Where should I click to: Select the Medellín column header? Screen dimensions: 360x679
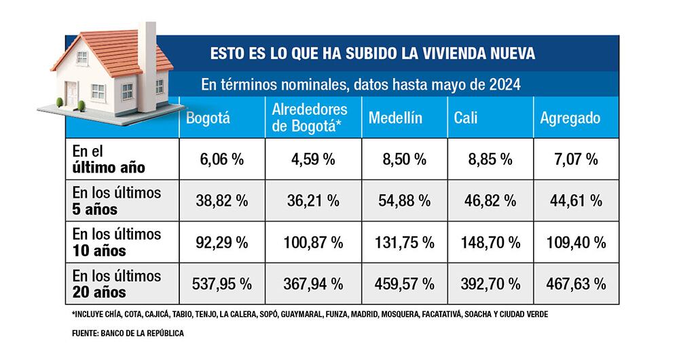(396, 118)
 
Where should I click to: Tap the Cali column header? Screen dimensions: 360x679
(466, 118)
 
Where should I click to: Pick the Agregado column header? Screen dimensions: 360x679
(570, 118)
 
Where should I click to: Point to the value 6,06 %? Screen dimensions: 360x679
(221, 160)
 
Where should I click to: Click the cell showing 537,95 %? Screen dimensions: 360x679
(221, 283)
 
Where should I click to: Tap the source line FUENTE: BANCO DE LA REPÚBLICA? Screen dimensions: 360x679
(128, 334)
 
